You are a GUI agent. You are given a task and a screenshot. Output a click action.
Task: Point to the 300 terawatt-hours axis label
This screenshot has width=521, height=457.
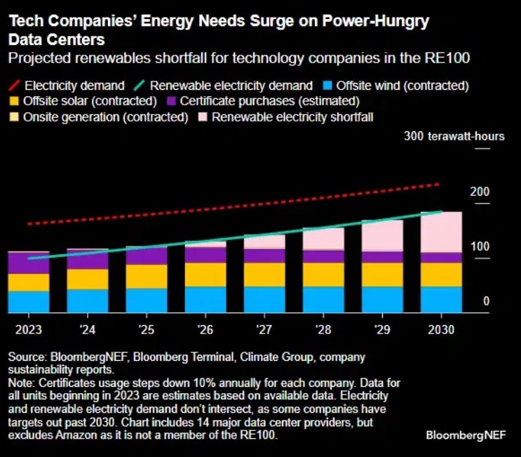point(454,136)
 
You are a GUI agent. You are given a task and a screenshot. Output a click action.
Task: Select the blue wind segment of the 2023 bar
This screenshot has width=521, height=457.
point(29,301)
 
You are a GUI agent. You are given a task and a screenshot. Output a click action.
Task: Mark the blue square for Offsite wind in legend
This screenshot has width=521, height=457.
point(326,86)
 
